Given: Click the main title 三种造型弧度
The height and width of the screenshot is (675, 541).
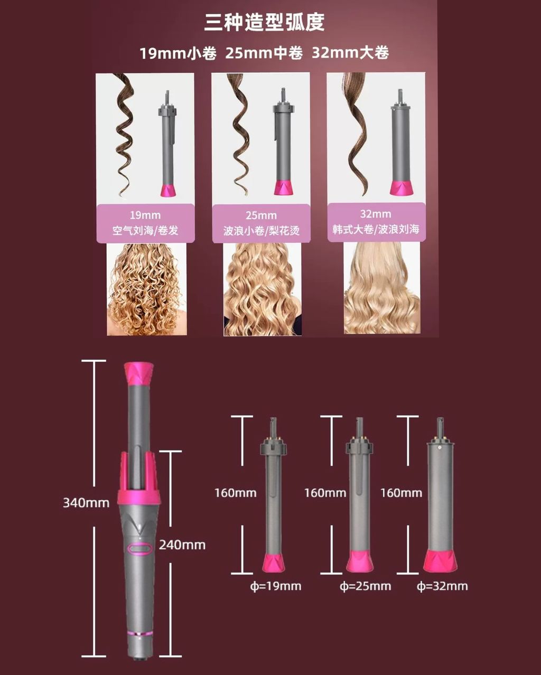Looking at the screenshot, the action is point(264,22).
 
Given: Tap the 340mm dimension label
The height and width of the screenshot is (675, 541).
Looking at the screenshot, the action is point(86,503).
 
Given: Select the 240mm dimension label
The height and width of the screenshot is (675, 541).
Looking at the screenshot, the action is point(182,545).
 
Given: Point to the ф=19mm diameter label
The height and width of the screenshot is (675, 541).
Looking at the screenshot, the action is point(276,586).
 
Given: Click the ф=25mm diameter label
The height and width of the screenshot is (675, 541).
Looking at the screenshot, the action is point(365,586).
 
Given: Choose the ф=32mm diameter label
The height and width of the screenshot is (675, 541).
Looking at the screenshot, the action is point(442,586).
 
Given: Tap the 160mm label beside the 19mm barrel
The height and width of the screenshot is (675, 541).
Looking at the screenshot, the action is point(235,493).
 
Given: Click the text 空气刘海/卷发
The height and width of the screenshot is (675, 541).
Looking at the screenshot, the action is point(145,230).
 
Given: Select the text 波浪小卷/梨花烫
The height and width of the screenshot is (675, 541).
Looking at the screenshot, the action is point(262,231).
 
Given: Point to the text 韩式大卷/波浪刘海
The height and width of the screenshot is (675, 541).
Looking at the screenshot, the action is point(376,229).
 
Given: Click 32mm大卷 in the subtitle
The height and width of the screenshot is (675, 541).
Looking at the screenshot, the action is point(350,53).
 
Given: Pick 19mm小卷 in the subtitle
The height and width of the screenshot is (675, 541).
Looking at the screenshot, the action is point(178,53).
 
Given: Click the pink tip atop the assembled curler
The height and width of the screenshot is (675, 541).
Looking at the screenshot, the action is point(139,373).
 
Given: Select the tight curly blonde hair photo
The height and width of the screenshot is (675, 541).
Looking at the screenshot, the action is point(146,289).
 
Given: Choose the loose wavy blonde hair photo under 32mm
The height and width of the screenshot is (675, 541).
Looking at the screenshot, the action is point(382,288).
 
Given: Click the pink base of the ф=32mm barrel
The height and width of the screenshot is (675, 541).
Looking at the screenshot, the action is point(440,560).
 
